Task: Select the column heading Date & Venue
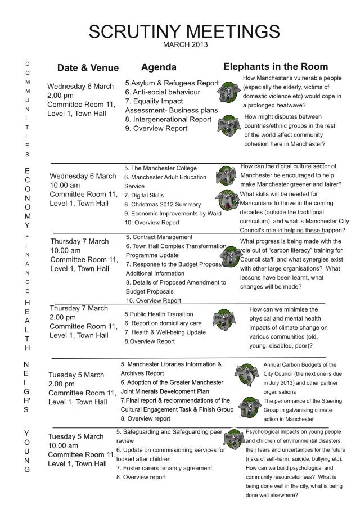[88, 68]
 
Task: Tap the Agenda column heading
[159, 67]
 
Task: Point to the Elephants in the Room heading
[276, 66]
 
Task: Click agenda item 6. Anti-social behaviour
[163, 92]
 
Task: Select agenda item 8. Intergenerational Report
[168, 119]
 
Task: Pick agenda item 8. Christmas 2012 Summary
[162, 204]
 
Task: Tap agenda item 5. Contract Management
[159, 237]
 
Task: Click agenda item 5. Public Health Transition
[159, 314]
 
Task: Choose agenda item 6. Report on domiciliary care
[163, 323]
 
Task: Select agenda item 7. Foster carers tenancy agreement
[164, 468]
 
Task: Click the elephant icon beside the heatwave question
[229, 91]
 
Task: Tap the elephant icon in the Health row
[224, 320]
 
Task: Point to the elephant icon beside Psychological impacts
[233, 439]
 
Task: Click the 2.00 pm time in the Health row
[62, 317]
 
